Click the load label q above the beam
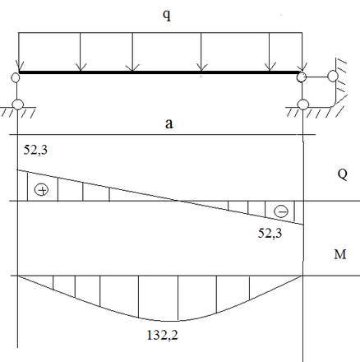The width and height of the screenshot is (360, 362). pyautogui.click(x=167, y=15)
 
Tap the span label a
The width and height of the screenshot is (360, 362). pyautogui.click(x=169, y=123)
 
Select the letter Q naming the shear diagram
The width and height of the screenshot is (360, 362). pyautogui.click(x=343, y=174)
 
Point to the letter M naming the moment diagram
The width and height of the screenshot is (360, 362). pyautogui.click(x=340, y=254)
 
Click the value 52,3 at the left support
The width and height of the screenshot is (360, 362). pyautogui.click(x=35, y=150)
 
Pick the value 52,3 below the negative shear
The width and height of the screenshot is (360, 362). pyautogui.click(x=270, y=234)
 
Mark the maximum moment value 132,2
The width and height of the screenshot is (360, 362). pyautogui.click(x=163, y=335)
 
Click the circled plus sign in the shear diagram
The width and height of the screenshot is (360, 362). pyautogui.click(x=41, y=190)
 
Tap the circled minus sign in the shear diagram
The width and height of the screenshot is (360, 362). pyautogui.click(x=281, y=211)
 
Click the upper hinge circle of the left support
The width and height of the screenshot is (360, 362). pyautogui.click(x=16, y=77)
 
